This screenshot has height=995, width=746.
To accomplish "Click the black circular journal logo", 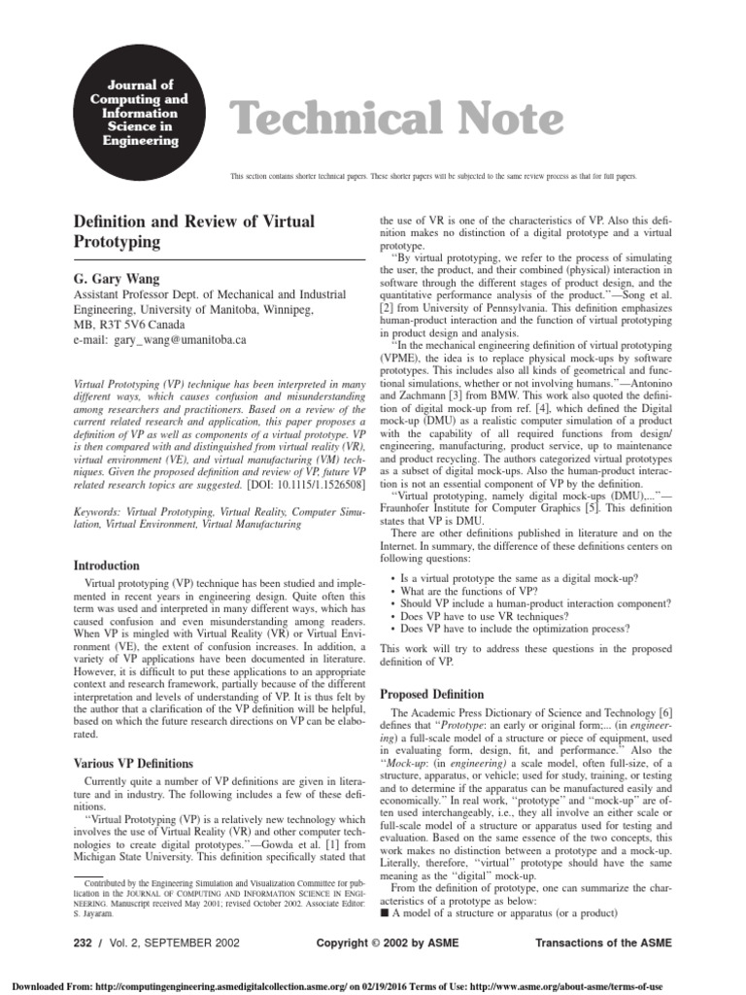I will coord(133,113).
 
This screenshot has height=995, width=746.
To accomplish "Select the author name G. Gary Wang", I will coord(115,278).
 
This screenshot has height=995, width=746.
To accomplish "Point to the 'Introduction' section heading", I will coord(107,565).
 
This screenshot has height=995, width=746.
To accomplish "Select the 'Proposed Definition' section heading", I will coord(431,695).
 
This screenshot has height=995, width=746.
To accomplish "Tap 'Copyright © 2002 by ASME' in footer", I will coord(389,944).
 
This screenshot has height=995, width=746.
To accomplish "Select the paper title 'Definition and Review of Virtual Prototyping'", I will coord(194,231).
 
